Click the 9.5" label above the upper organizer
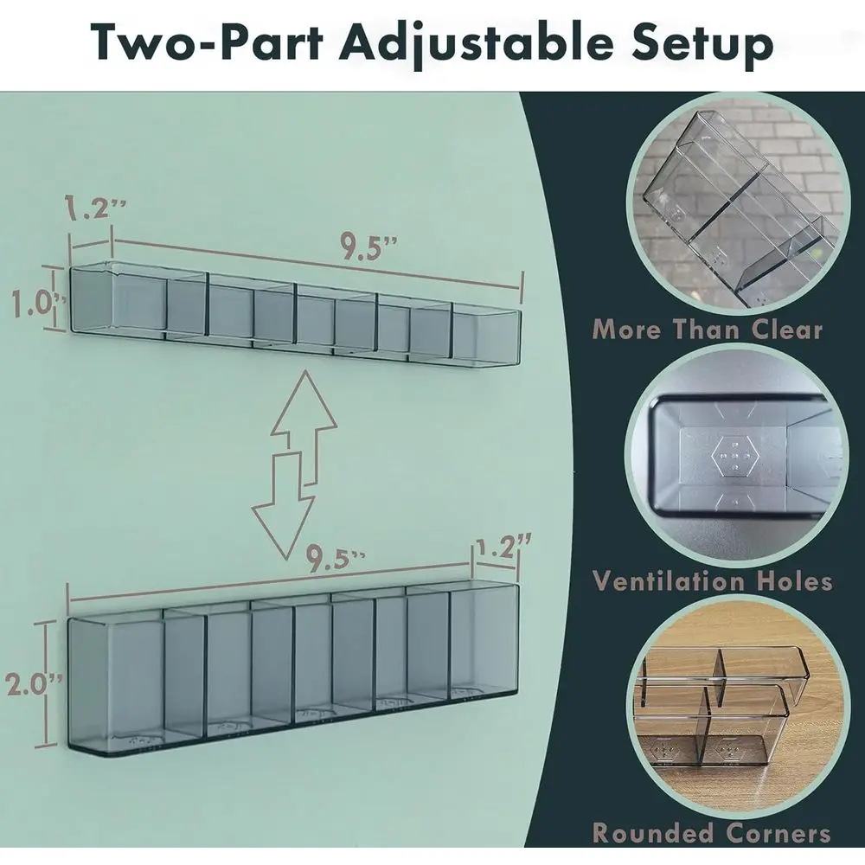point(368,246)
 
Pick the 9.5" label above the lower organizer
point(335,558)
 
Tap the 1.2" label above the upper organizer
point(95,207)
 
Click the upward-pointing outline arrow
point(304,427)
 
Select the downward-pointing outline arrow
point(283,506)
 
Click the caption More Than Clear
point(708,330)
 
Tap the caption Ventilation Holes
point(712,581)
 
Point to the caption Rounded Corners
point(711,833)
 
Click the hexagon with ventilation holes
point(732,456)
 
